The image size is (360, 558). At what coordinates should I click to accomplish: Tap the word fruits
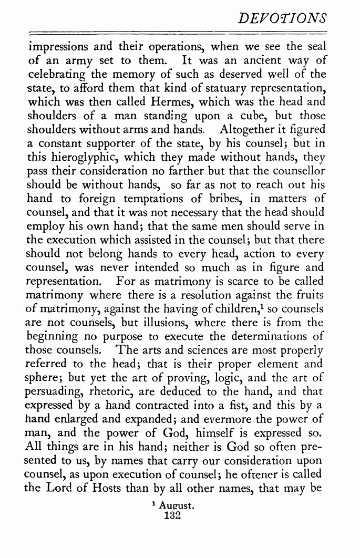[x=310, y=293]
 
